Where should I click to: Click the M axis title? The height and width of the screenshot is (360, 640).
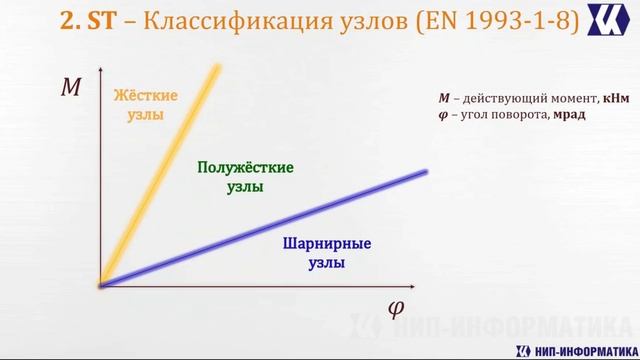71,88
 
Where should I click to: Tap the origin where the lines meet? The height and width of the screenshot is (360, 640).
101,286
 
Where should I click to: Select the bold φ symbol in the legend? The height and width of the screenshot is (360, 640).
443,115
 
